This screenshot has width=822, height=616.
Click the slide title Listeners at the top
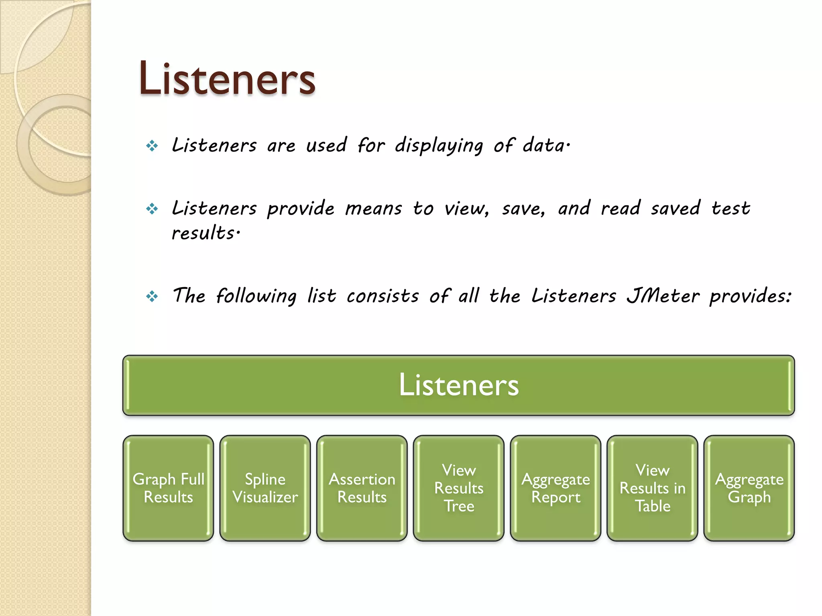pos(227,79)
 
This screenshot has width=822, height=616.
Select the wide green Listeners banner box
pos(458,385)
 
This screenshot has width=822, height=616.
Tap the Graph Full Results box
pos(168,488)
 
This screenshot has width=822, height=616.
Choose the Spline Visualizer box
pos(265,488)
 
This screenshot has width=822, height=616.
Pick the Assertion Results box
pos(362,488)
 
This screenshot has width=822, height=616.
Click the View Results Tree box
pos(459,488)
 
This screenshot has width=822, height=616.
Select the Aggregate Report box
pos(555,488)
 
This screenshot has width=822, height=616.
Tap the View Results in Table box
pos(652,488)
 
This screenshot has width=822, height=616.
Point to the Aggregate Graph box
pos(749,488)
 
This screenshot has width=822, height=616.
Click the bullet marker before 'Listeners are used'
pos(152,146)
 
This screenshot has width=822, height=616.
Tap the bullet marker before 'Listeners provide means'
pos(152,209)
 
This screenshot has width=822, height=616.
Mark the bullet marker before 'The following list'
pos(152,297)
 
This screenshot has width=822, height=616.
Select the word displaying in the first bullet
pos(439,145)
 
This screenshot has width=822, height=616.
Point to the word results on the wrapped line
pos(204,233)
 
